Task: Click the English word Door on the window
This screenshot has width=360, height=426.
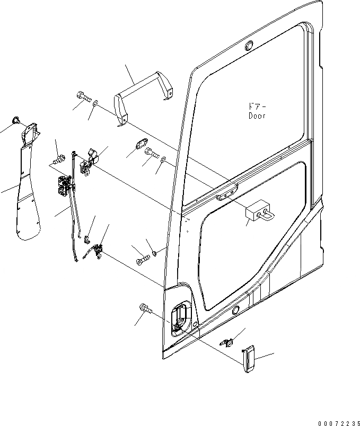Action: [257, 115]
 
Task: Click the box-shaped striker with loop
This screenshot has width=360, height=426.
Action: [258, 211]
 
